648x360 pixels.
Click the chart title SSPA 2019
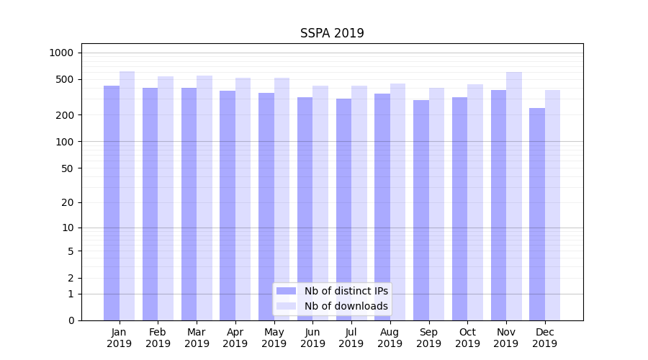point(332,34)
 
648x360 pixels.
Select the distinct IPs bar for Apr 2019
point(228,205)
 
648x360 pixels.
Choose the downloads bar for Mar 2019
point(204,198)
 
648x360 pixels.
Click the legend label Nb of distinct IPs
point(346,291)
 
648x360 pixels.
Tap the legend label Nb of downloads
point(346,306)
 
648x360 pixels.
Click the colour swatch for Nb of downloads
point(287,306)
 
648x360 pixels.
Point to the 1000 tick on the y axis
point(61,53)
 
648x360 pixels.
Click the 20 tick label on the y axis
point(68,202)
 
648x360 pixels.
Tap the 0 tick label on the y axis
point(71,320)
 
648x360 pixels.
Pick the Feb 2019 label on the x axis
point(158,338)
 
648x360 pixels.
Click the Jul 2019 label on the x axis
point(351,338)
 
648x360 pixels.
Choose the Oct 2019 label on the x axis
point(467,338)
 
